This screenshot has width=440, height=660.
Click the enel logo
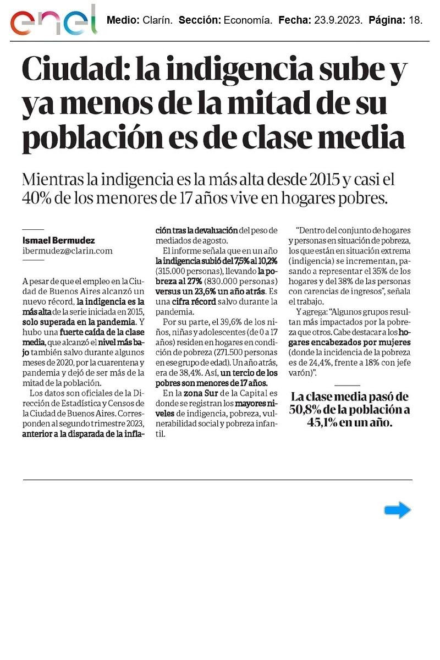click(53, 21)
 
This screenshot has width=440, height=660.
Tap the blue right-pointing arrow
click(397, 510)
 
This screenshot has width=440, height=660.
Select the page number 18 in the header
click(415, 21)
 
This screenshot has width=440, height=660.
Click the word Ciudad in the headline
click(73, 71)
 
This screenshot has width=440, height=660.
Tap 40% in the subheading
click(36, 198)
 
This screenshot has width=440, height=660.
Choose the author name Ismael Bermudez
click(58, 240)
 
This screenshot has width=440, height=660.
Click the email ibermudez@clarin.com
click(67, 250)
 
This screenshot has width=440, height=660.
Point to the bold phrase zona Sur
click(204, 393)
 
